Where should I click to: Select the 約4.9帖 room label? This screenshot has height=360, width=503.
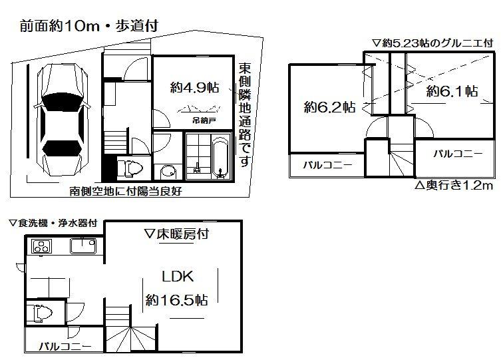[x=195, y=87]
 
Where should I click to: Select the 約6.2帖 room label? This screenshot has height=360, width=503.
[x=329, y=106]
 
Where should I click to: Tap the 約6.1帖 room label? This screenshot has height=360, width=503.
[x=452, y=90]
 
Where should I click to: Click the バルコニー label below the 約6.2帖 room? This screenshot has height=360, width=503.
[x=328, y=165]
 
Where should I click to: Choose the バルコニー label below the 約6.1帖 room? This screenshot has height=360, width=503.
[x=458, y=154]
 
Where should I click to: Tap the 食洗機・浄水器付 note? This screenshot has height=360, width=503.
[x=53, y=224]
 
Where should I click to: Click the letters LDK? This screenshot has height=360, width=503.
[x=177, y=276]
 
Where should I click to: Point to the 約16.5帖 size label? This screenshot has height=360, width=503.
[x=176, y=300]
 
